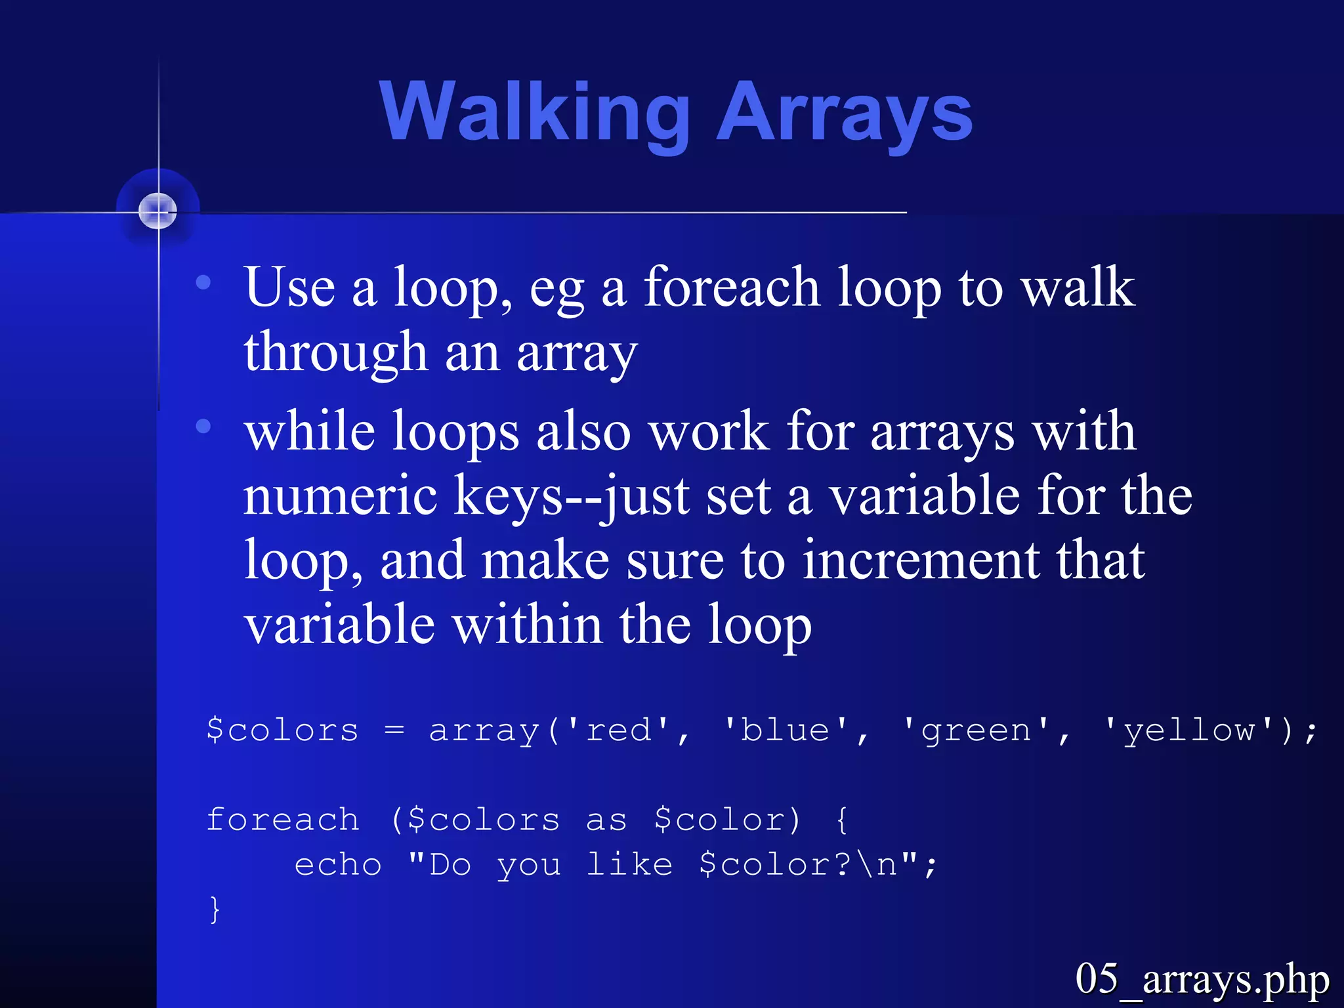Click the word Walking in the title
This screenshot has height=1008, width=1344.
tap(535, 112)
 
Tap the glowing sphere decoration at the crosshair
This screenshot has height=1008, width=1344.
tap(158, 211)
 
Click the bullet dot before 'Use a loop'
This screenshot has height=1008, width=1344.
tap(203, 283)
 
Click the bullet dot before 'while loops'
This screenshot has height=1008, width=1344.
tap(203, 427)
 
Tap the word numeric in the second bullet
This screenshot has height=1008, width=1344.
tap(340, 495)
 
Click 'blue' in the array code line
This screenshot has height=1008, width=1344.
tap(786, 730)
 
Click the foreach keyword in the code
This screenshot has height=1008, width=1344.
tap(283, 820)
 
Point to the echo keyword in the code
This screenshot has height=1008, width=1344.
tap(338, 865)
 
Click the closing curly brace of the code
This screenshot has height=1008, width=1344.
tap(215, 910)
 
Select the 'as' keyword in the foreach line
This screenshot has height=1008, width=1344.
tap(606, 820)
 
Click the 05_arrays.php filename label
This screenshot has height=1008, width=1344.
tap(1202, 980)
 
